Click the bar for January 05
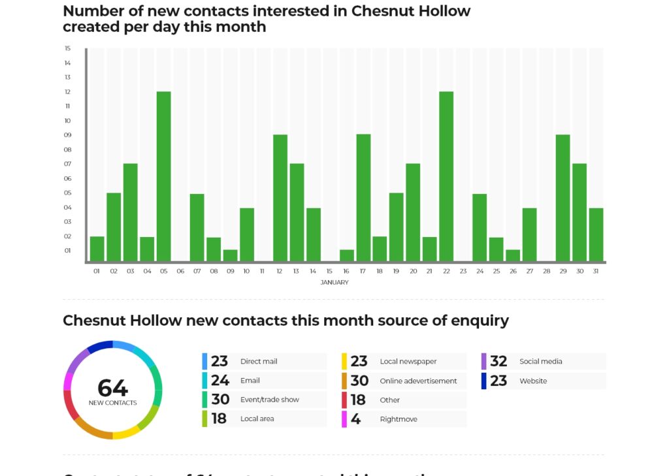pos(163,176)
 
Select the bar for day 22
pos(446,176)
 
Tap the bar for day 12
pos(280,198)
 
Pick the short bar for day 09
pos(230,255)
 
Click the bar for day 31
pos(596,234)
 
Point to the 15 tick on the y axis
pos(68,48)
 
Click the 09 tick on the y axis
pos(68,135)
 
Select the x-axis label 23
pos(463,271)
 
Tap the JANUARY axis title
pos(334,283)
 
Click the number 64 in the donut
pos(112,388)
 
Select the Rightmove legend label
pos(399,419)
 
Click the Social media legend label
pos(540,361)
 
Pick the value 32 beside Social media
pos(498,361)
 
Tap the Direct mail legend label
pos(259,361)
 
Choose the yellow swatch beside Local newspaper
pos(344,361)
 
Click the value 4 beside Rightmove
pos(355,419)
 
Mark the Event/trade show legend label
pos(269,400)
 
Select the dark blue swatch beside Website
pos(484,381)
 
